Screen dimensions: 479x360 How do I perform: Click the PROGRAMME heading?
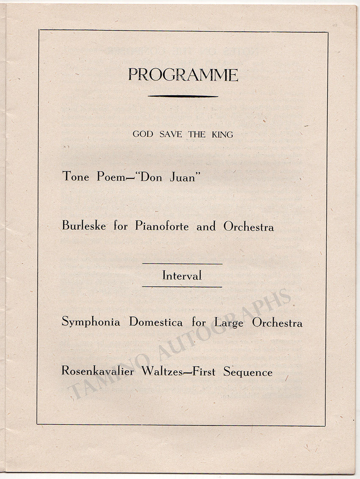(x=183, y=75)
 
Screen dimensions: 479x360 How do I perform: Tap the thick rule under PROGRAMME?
(x=183, y=96)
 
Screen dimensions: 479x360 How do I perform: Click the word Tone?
(x=76, y=176)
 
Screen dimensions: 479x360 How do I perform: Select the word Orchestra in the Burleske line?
(x=249, y=226)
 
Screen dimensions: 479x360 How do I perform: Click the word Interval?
(x=182, y=276)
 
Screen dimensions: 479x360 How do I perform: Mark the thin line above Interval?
(x=182, y=264)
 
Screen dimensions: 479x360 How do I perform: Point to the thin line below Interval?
(x=182, y=287)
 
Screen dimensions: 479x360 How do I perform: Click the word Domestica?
(x=156, y=322)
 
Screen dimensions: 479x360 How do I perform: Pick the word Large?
(x=229, y=323)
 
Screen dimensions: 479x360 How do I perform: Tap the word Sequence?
(x=248, y=372)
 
